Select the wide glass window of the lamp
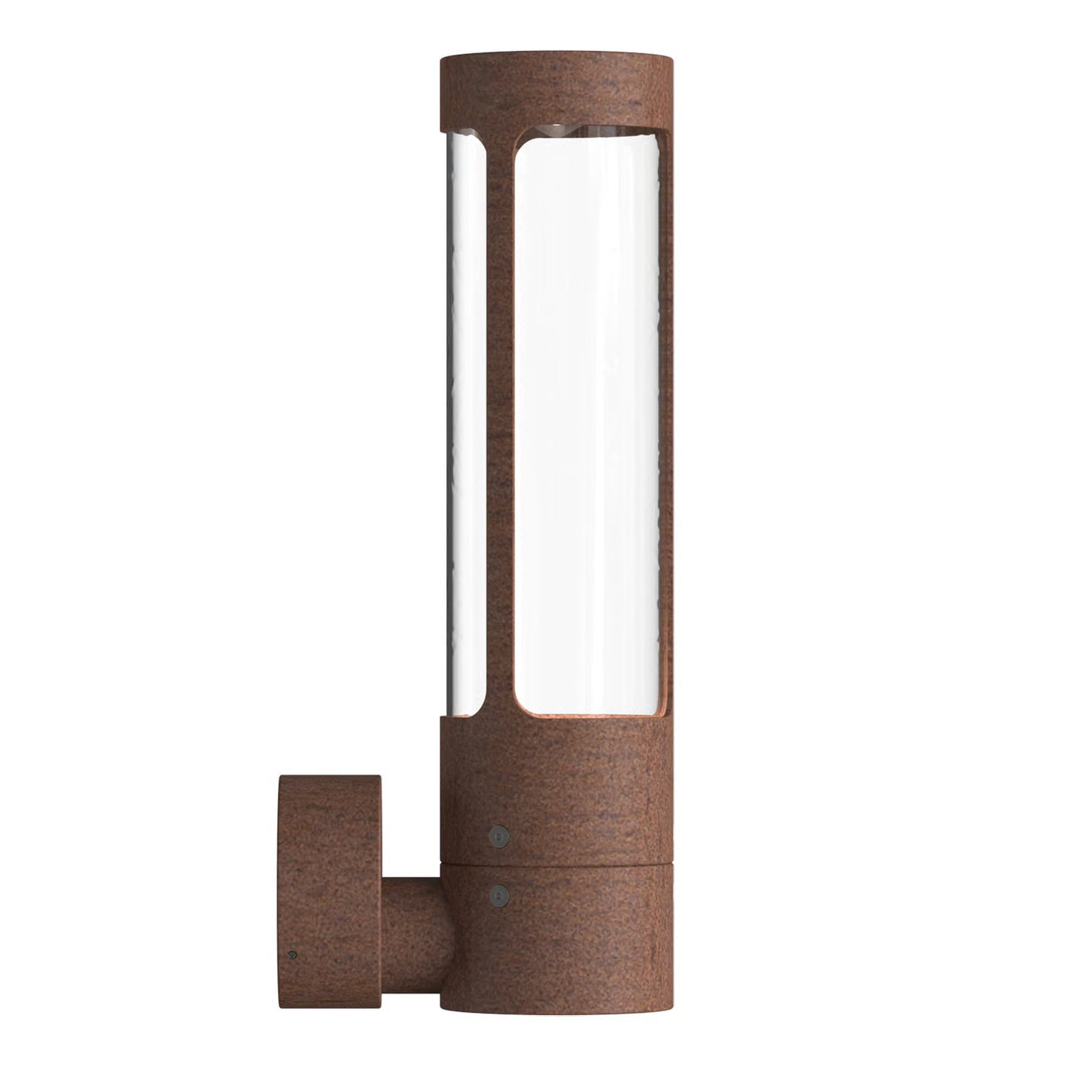point(586,426)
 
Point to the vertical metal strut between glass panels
point(500,426)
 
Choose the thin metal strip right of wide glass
point(666,426)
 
